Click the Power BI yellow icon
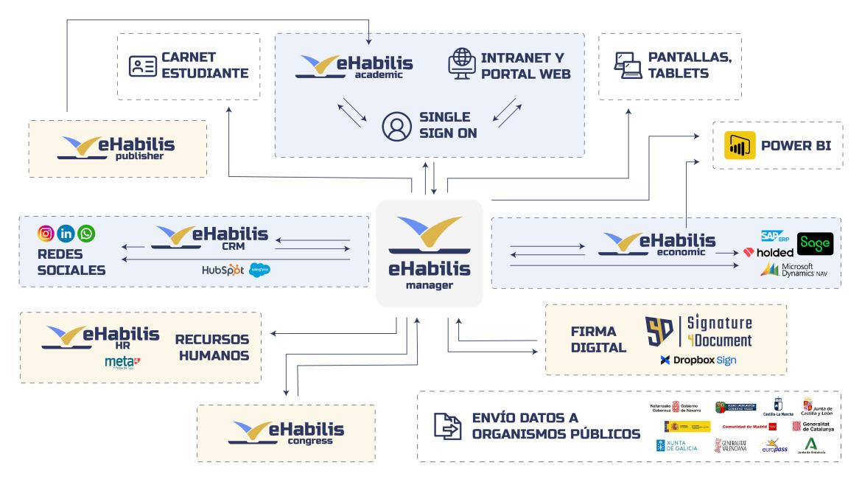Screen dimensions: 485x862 pyautogui.click(x=738, y=146)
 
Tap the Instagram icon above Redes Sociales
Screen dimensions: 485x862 pyautogui.click(x=46, y=234)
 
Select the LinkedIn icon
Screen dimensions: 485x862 pyautogui.click(x=66, y=234)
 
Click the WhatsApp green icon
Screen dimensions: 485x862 pyautogui.click(x=87, y=234)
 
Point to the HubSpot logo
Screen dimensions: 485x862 pyautogui.click(x=222, y=270)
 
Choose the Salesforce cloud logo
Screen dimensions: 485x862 pyautogui.click(x=259, y=270)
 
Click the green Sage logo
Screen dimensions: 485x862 pyautogui.click(x=815, y=243)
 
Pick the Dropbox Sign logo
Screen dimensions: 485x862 pyautogui.click(x=698, y=360)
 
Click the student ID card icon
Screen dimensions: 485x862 pyautogui.click(x=144, y=66)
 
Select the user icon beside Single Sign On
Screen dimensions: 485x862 pyautogui.click(x=396, y=126)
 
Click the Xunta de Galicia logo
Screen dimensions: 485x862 pyautogui.click(x=676, y=445)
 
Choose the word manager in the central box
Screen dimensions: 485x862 pyautogui.click(x=429, y=285)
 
